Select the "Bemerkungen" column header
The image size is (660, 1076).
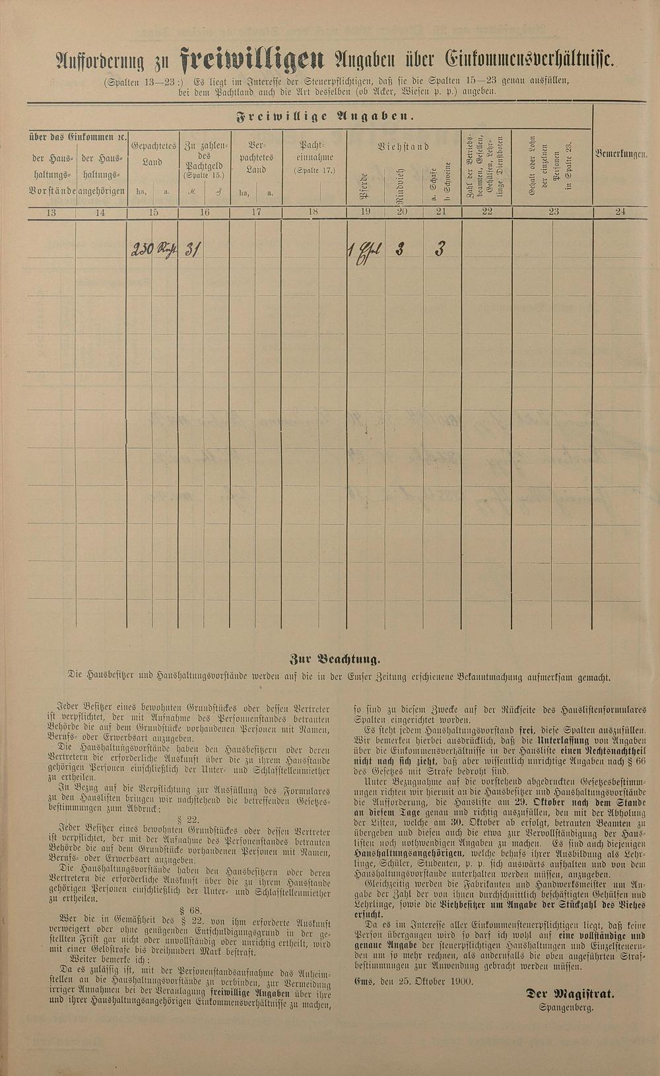coord(620,154)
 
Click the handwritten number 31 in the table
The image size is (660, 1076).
coord(192,249)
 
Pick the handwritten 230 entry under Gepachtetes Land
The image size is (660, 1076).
coord(143,249)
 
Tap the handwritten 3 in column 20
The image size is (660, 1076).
coord(400,249)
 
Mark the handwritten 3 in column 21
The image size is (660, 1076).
coord(439,249)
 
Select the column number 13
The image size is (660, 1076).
coord(51,212)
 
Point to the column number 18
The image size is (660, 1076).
coord(313,212)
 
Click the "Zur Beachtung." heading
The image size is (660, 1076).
coord(335,658)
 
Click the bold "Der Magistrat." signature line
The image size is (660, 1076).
coord(570,993)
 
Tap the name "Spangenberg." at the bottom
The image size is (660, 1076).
coord(566,1007)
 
